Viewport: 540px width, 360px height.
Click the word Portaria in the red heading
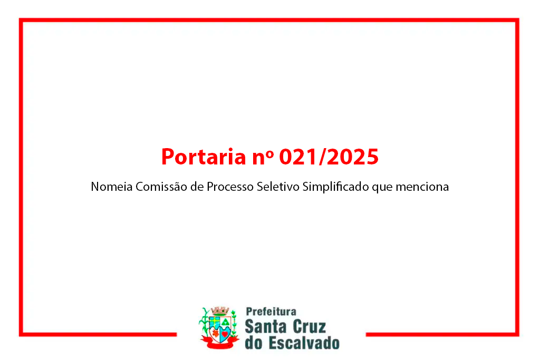(x=204, y=157)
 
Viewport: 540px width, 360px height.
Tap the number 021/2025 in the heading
(x=329, y=157)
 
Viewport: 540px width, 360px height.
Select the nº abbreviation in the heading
(x=263, y=158)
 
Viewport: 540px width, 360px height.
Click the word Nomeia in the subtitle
(x=112, y=187)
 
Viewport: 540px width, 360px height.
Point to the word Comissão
(x=161, y=187)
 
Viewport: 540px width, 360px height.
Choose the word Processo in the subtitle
(x=230, y=187)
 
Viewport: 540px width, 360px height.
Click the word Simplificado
(x=336, y=187)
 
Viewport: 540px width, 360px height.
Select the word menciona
(x=422, y=187)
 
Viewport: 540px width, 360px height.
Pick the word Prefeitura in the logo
(x=271, y=312)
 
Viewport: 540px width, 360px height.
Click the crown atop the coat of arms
(x=220, y=311)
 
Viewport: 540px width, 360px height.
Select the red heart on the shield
(x=225, y=334)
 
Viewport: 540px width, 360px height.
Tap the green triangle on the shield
(x=226, y=322)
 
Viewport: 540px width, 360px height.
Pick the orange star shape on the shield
(x=215, y=333)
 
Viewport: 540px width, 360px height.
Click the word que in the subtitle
(x=382, y=188)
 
